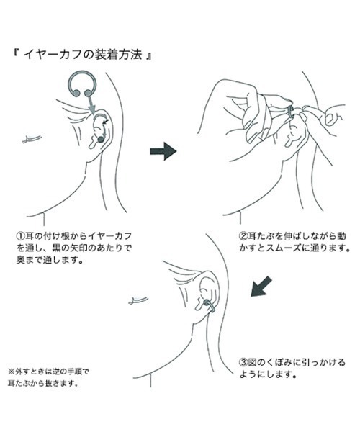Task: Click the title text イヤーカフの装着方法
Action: point(83,55)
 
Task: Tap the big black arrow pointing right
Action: point(163,151)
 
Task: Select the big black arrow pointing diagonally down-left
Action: point(261,287)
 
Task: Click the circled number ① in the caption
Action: point(21,236)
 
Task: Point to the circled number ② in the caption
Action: point(243,236)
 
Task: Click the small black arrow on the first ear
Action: point(105,121)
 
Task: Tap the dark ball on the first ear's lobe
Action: point(101,140)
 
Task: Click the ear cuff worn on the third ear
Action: point(210,307)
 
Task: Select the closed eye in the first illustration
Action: point(32,139)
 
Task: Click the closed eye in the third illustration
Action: point(138,300)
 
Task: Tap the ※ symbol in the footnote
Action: point(11,372)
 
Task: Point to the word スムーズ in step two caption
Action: point(283,248)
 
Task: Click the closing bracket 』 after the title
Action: point(148,55)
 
